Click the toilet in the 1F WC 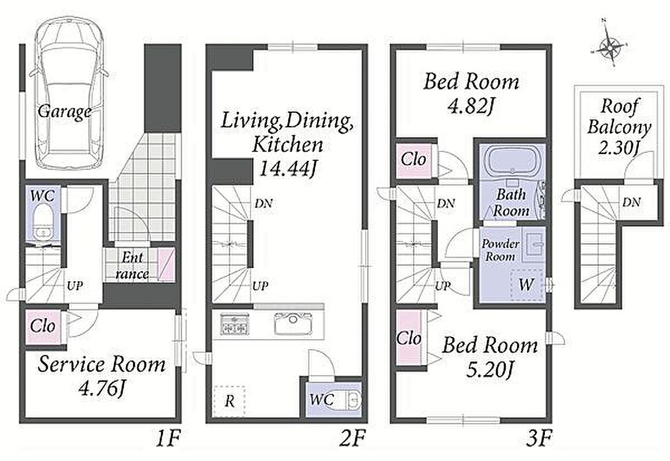pyautogui.click(x=43, y=222)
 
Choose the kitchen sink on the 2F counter pyautogui.click(x=292, y=323)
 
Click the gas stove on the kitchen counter pyautogui.click(x=235, y=323)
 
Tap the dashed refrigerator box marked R pyautogui.click(x=229, y=401)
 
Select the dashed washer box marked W pyautogui.click(x=526, y=285)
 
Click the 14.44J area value pyautogui.click(x=288, y=169)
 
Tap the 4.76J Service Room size pyautogui.click(x=101, y=388)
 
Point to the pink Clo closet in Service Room pyautogui.click(x=43, y=327)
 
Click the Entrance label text pyautogui.click(x=133, y=266)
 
